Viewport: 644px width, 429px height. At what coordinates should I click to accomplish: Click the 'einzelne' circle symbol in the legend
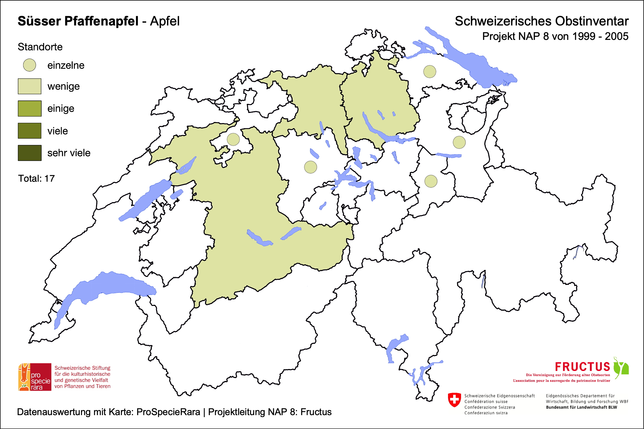[29, 65]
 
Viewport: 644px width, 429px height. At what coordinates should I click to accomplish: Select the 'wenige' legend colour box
[29, 86]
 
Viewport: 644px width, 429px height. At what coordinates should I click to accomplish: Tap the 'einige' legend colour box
[29, 108]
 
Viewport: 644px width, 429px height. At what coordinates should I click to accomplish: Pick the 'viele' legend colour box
[29, 131]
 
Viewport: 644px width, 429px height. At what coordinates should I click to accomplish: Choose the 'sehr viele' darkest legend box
[29, 153]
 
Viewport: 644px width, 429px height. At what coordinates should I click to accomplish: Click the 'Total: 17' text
[36, 179]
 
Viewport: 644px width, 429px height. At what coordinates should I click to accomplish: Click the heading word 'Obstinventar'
[592, 21]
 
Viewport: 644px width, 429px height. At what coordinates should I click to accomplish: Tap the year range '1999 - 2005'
[600, 37]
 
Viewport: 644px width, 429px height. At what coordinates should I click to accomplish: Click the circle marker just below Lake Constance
[430, 72]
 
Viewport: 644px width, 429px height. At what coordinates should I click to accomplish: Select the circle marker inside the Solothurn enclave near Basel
[233, 139]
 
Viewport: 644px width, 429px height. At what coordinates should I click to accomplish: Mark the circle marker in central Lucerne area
[310, 167]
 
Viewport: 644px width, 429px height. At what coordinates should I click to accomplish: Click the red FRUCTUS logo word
[582, 367]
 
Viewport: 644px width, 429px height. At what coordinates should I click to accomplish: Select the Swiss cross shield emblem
[454, 400]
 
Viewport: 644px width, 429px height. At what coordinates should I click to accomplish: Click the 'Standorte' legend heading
[40, 47]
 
